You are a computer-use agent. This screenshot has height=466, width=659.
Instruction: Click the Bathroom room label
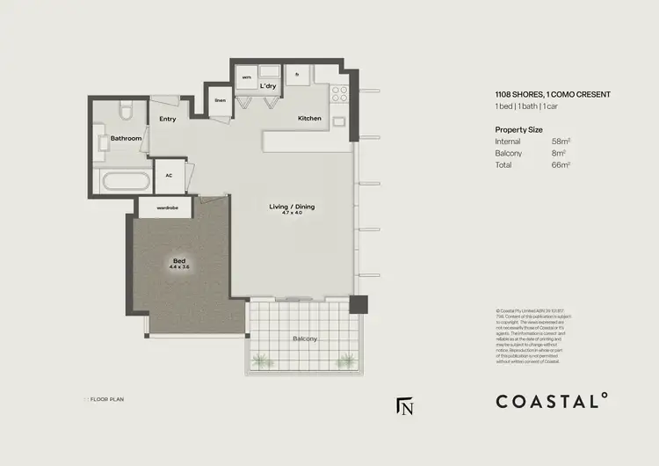tap(126, 138)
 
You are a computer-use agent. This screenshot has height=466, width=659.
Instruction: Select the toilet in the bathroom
tap(127, 112)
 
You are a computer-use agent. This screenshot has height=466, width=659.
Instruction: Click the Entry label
tap(168, 119)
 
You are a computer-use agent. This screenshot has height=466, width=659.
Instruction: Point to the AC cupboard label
tap(169, 175)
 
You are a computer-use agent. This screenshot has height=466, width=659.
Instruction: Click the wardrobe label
tap(168, 208)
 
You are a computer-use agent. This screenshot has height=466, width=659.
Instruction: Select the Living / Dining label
tap(292, 208)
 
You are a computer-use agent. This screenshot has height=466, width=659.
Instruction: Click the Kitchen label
tap(309, 119)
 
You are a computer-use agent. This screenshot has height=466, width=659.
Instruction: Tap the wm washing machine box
tap(246, 77)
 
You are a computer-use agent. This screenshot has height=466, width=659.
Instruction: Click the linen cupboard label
tap(220, 100)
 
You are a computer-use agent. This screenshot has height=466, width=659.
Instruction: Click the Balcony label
tap(305, 339)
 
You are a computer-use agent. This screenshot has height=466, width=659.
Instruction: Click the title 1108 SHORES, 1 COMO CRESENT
tap(553, 94)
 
